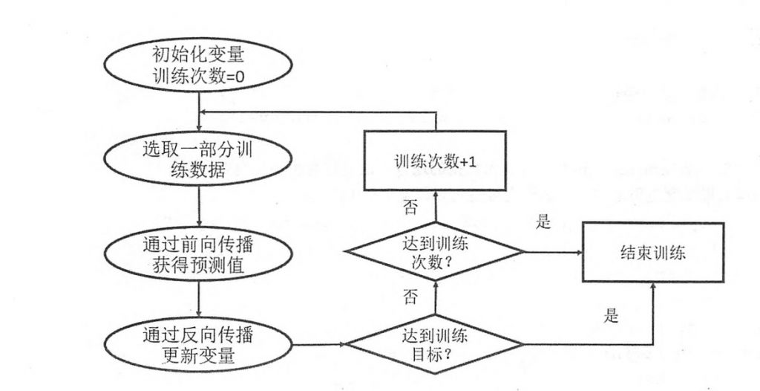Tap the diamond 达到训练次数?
pos(435,253)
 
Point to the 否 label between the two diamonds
pos(410,298)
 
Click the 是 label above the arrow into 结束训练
pos(543,222)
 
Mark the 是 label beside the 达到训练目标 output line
pos(611,315)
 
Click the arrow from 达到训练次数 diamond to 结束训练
pos(552,253)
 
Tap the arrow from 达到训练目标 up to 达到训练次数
pos(435,301)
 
